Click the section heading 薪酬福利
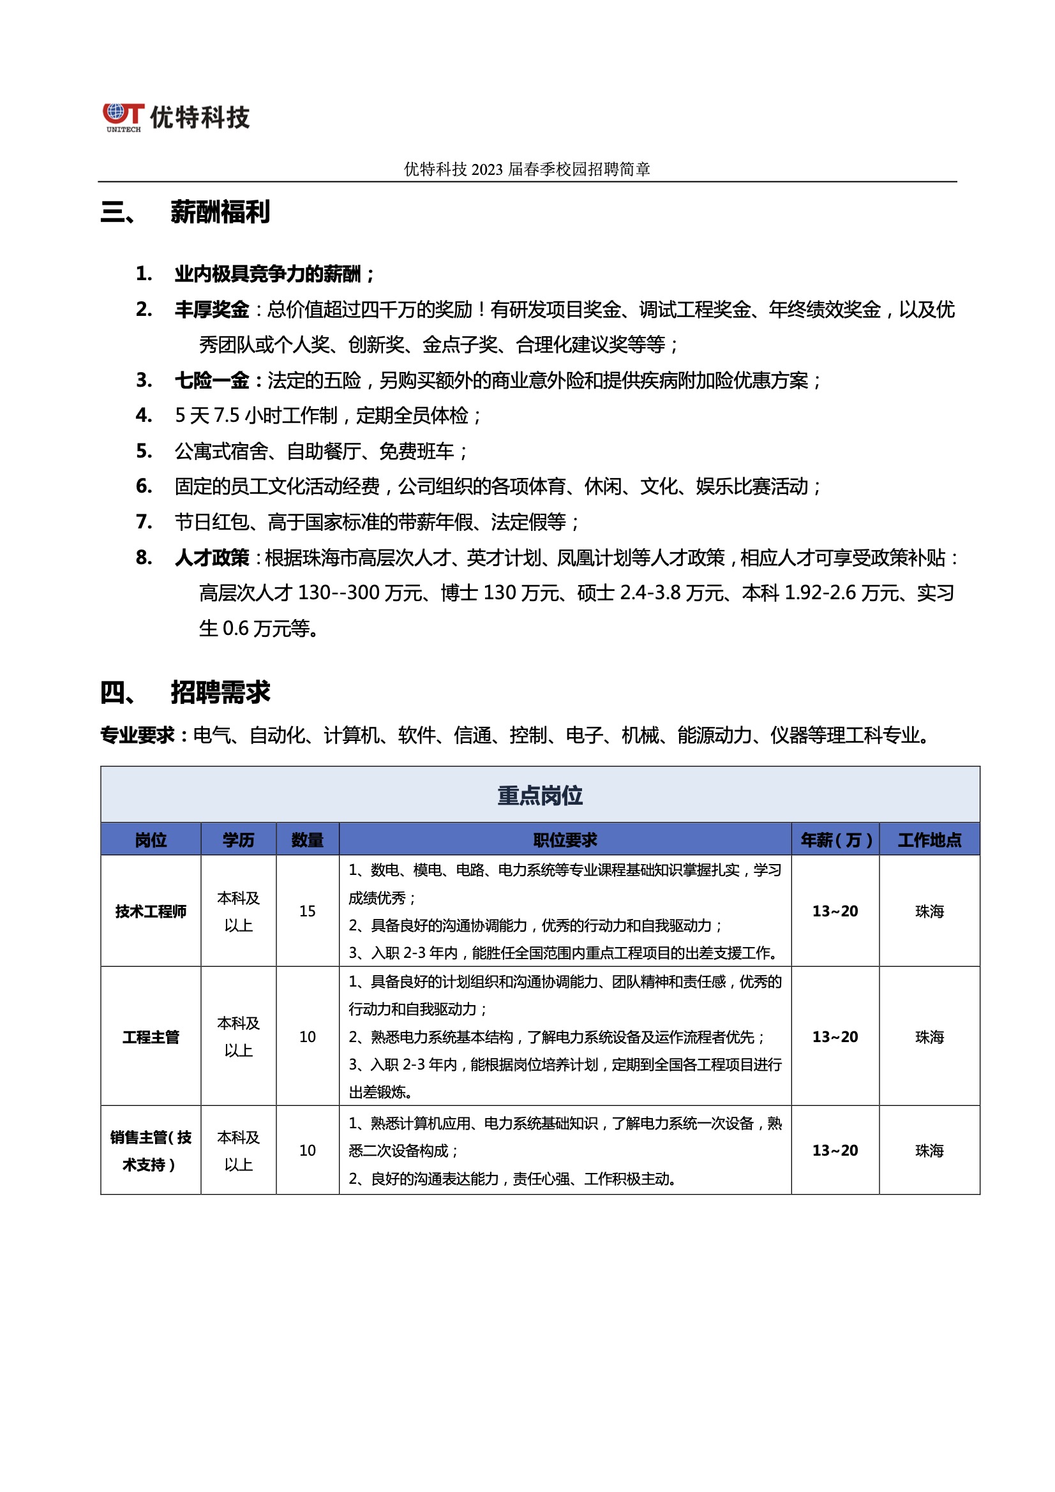tap(220, 213)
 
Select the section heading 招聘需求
tap(220, 693)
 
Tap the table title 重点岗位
tap(539, 795)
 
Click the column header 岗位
tap(151, 840)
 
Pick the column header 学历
tap(239, 840)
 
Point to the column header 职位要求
tap(565, 840)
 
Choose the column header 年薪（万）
tap(835, 840)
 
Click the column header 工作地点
tap(929, 840)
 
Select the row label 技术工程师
tap(151, 912)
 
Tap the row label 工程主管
tap(151, 1037)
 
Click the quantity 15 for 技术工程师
tap(308, 912)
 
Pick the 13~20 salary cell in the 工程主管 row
tap(835, 1037)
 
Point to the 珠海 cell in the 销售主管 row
tap(929, 1151)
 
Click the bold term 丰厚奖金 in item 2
tap(212, 310)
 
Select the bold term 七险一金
tap(212, 381)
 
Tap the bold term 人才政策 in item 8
tap(212, 558)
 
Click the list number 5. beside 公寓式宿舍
tap(144, 451)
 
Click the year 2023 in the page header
tap(487, 170)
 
